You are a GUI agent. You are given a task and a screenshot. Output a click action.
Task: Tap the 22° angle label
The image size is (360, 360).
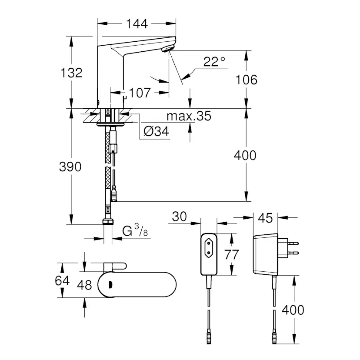coord(214,62)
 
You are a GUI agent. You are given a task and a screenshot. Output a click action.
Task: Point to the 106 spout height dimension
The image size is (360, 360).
coord(246,79)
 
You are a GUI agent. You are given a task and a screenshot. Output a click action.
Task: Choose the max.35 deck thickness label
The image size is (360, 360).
coord(189,116)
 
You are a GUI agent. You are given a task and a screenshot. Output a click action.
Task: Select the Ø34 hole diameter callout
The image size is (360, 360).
coord(156,131)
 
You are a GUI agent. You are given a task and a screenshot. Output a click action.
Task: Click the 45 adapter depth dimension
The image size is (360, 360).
coord(265,218)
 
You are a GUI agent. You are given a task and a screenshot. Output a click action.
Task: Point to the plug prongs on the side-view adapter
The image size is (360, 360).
coord(291,247)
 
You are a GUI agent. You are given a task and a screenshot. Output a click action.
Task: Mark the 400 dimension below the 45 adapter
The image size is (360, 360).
coord(293,310)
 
